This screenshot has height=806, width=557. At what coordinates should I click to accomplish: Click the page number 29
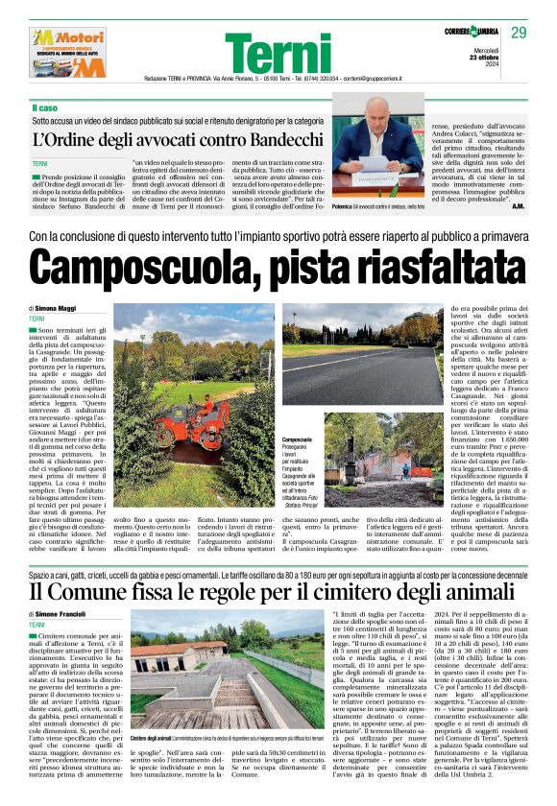click(x=520, y=34)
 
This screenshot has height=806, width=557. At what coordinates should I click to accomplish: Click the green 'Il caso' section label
click(x=47, y=107)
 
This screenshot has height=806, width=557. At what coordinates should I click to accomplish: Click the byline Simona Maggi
click(x=57, y=308)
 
